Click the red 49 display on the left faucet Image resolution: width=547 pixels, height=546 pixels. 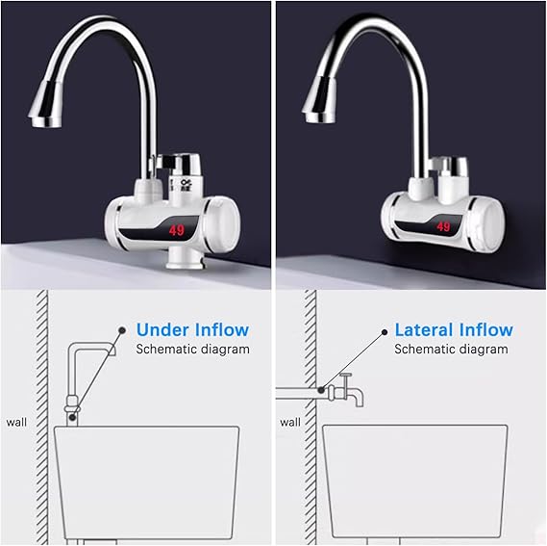[177, 230]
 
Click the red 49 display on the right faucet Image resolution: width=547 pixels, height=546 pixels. [443, 227]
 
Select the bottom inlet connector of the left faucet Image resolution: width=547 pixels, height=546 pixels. [185, 258]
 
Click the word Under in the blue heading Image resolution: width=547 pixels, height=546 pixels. [162, 329]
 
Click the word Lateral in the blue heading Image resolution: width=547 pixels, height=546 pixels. [424, 329]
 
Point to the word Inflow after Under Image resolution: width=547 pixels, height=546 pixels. [222, 329]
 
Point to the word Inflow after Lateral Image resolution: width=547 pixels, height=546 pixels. [485, 329]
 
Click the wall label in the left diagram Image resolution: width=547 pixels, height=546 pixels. [16, 422]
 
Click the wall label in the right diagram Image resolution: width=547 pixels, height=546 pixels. [290, 422]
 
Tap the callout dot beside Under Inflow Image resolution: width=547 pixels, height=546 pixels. [122, 330]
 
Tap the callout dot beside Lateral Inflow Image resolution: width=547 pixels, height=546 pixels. [385, 332]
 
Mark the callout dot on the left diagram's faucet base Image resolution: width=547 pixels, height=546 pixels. [72, 417]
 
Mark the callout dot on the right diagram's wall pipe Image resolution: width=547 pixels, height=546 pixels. [321, 390]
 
